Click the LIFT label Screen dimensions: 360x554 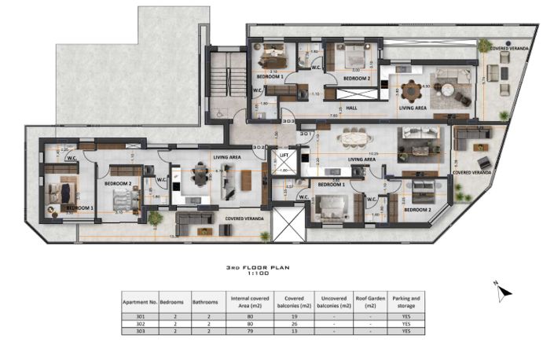pos(284,156)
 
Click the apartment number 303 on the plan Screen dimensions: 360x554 pos(266,122)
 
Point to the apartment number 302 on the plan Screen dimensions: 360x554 pos(259,147)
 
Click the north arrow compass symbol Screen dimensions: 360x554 pos(503,292)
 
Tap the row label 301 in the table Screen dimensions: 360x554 pos(139,316)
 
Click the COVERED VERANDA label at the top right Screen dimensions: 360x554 pos(509,49)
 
